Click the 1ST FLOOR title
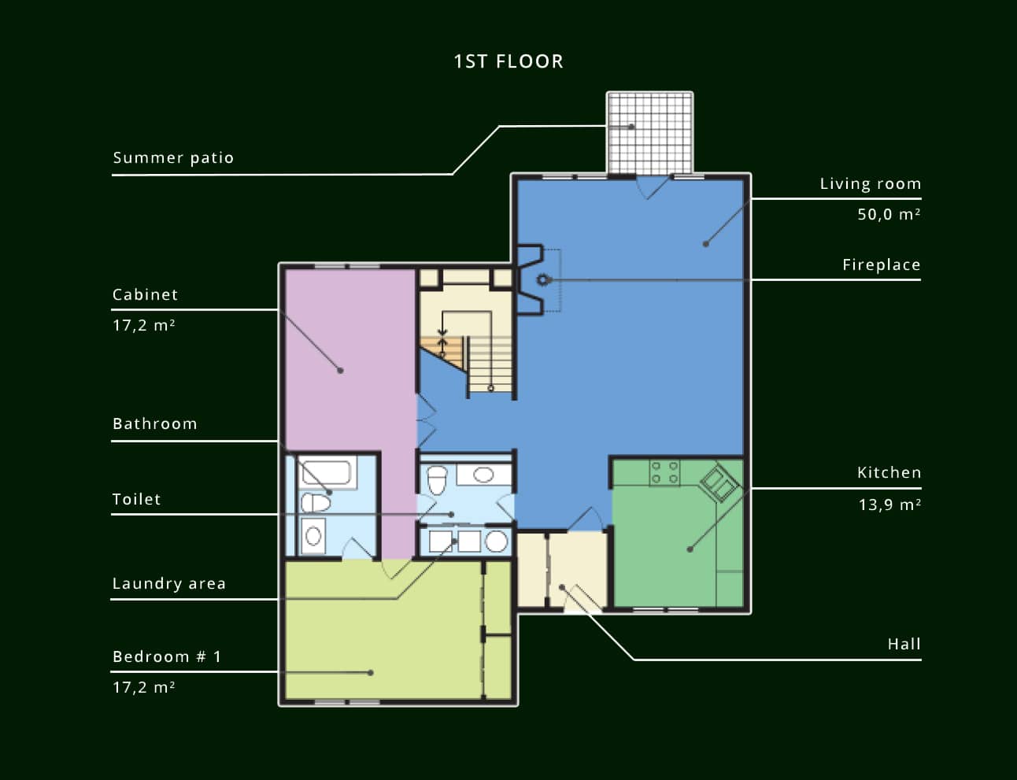tap(508, 61)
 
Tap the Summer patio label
tap(173, 158)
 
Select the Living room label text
tap(871, 184)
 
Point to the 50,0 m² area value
tap(889, 214)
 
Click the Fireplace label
tap(882, 265)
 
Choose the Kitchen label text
tap(889, 472)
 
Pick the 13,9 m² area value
tap(889, 505)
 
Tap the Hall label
tap(904, 645)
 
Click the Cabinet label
tap(145, 295)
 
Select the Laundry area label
tap(169, 584)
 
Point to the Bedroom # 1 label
tap(167, 657)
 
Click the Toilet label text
tap(136, 499)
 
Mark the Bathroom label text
tap(155, 424)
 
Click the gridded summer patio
tap(650, 133)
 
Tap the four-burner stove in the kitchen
tap(664, 472)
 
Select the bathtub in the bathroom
tap(327, 472)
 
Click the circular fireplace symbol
tap(543, 279)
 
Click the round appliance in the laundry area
tap(496, 542)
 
